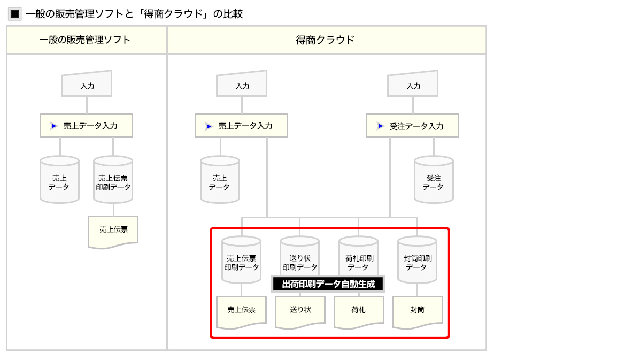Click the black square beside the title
(15, 14)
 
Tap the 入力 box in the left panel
(87, 84)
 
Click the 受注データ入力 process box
(412, 126)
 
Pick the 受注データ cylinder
(434, 180)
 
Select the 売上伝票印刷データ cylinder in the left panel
(113, 180)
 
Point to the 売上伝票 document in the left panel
(113, 232)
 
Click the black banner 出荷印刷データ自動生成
(328, 284)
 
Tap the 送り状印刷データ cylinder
(299, 256)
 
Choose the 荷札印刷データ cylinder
(358, 256)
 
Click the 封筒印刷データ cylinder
(418, 260)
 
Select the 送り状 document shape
(300, 312)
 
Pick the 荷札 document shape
(359, 312)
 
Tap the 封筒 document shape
(418, 312)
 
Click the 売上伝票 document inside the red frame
(241, 312)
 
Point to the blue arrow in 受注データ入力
(380, 126)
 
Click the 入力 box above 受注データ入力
(413, 84)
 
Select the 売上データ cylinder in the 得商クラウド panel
(220, 180)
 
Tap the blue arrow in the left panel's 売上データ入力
(54, 126)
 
